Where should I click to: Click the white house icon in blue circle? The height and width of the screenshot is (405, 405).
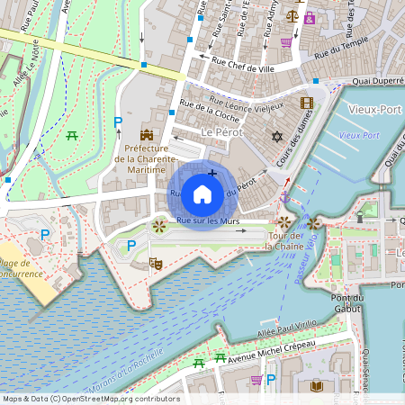coord(202,193)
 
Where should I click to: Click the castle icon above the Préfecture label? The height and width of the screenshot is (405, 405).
coord(146,134)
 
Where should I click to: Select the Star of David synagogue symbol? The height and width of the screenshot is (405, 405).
coord(276,137)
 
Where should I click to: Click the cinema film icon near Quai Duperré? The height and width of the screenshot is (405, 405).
coord(306,103)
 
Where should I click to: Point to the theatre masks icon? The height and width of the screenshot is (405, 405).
coord(155,264)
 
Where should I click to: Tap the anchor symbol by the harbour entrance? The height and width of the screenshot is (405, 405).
coord(284,195)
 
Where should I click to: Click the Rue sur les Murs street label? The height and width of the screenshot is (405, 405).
coord(207,220)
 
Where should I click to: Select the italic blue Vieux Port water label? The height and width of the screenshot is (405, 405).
coord(358,135)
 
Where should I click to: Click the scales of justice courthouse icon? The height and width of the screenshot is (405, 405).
coord(292,15)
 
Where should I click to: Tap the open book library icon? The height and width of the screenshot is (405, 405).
coord(316,386)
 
